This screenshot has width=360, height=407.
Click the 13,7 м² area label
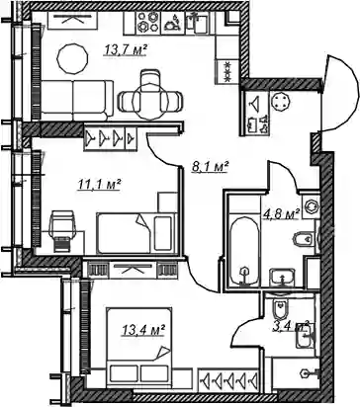[126, 50]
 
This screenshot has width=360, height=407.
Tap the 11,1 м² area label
[99, 185]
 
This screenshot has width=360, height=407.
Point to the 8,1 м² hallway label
[211, 167]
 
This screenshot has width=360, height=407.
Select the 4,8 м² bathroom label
[281, 214]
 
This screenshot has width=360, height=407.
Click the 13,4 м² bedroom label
[143, 330]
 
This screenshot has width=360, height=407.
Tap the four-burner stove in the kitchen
[148, 23]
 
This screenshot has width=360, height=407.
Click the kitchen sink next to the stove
[196, 23]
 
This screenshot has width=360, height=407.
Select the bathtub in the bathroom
[244, 252]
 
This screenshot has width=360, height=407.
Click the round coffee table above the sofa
[72, 58]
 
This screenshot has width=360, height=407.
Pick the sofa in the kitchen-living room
[77, 100]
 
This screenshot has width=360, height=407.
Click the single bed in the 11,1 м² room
[135, 233]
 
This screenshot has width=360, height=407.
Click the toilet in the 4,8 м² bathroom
[304, 239]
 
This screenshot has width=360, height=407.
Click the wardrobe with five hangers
[228, 379]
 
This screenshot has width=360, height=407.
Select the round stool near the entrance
[280, 101]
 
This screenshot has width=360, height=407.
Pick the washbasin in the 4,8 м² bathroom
[282, 278]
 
